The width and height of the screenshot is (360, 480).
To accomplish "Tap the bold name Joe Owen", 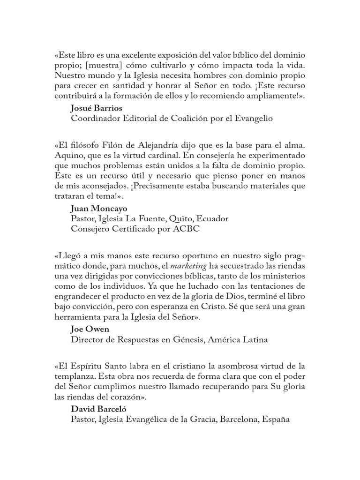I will coord(90,329).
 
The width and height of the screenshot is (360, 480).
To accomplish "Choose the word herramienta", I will coord(78,318).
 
